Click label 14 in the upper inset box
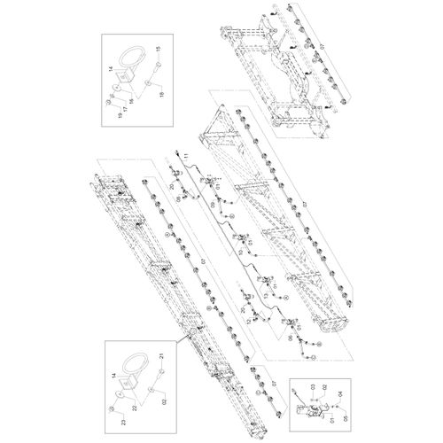pyautogui.click(x=111, y=68)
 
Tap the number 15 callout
pyautogui.click(x=159, y=49)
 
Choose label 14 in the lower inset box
pyautogui.click(x=114, y=376)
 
